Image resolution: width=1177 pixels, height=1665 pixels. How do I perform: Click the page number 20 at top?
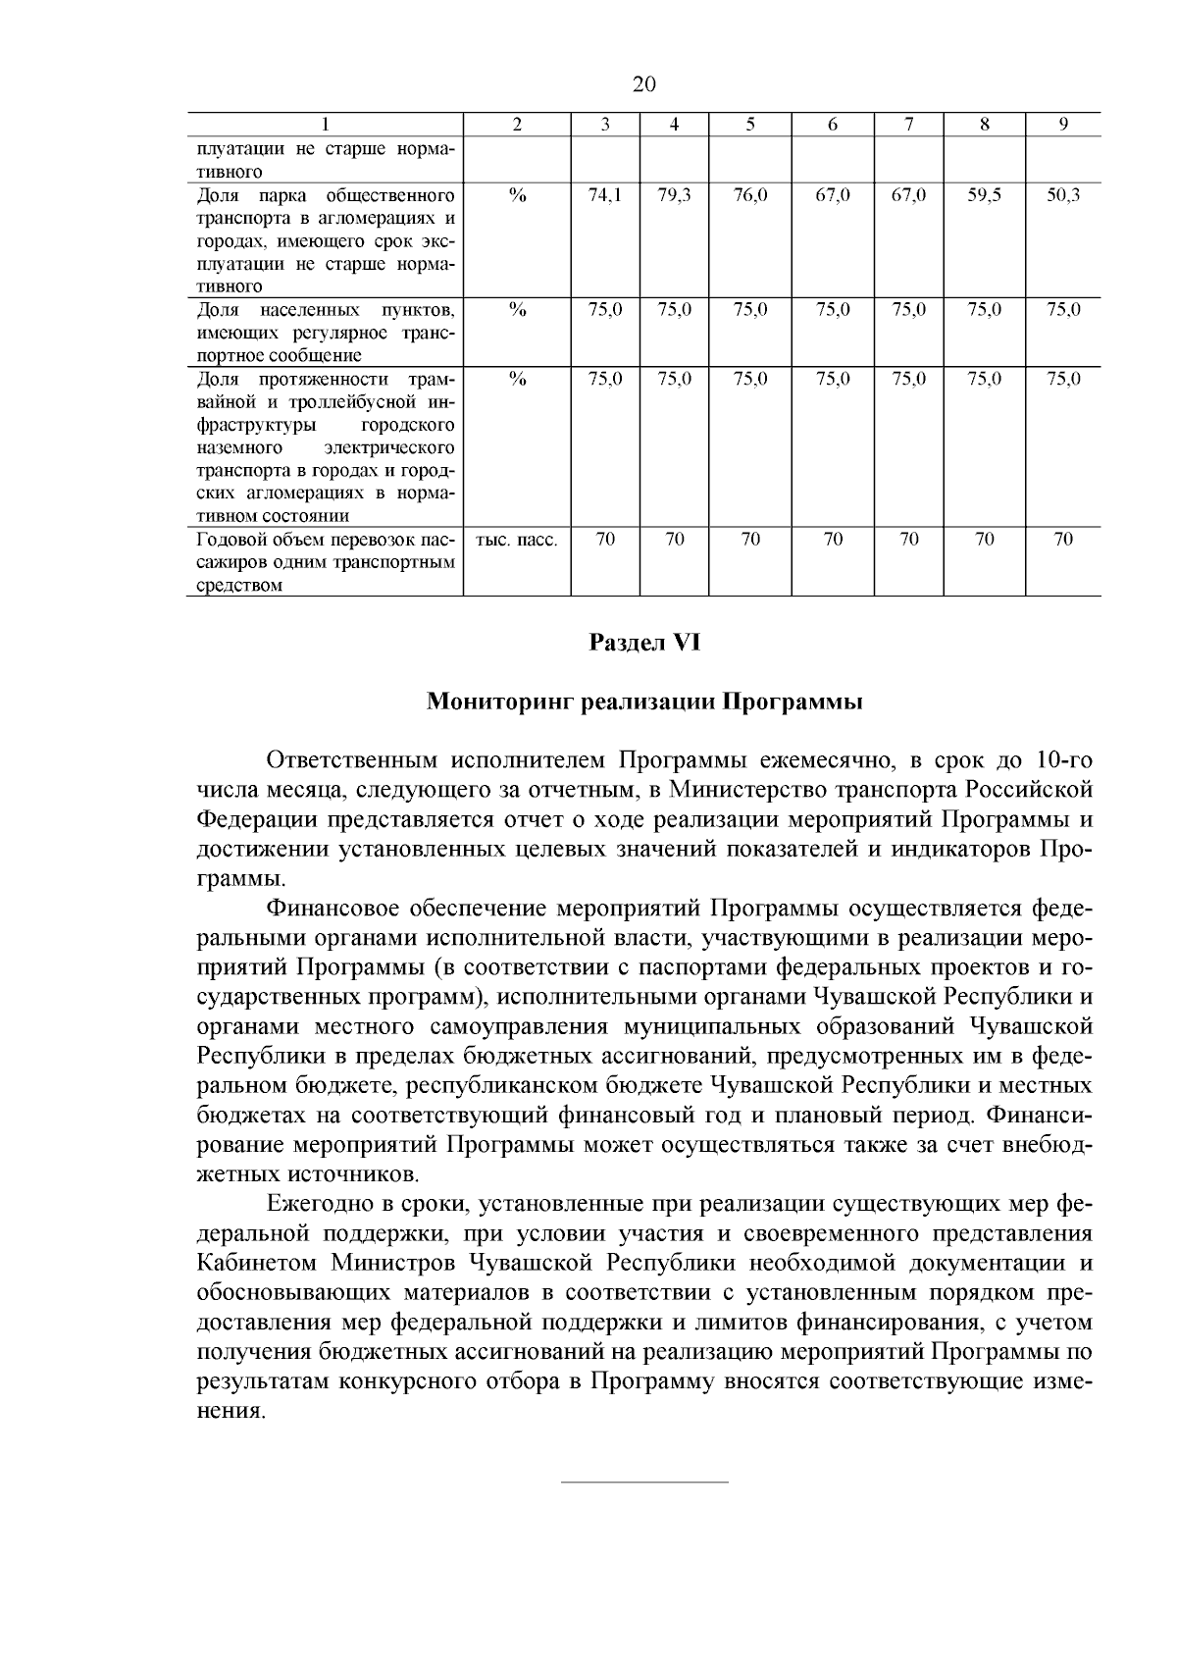[643, 84]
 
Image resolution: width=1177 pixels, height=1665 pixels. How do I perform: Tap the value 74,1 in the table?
[605, 195]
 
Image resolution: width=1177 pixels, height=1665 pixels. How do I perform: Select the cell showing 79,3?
[675, 195]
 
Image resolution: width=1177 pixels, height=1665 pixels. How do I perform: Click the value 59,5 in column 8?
[984, 195]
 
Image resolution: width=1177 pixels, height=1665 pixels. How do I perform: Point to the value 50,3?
[1063, 195]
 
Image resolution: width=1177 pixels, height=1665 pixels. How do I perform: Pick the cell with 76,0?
[750, 195]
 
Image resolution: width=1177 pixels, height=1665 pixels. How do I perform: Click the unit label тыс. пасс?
[517, 540]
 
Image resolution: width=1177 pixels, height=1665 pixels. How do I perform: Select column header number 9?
[1063, 125]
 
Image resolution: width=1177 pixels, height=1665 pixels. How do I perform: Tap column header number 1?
[325, 125]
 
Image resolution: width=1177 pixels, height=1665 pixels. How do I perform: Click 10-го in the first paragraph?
[1059, 761]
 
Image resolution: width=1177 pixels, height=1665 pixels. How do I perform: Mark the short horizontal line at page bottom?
[644, 1481]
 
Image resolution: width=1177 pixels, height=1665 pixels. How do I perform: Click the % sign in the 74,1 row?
[518, 195]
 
